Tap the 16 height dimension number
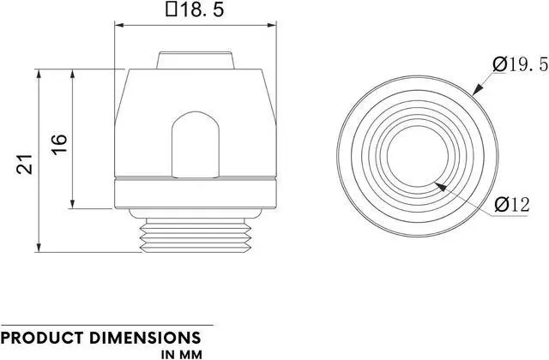coord(59,142)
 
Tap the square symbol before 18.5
coord(171,12)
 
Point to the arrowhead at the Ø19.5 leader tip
coord(475,89)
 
